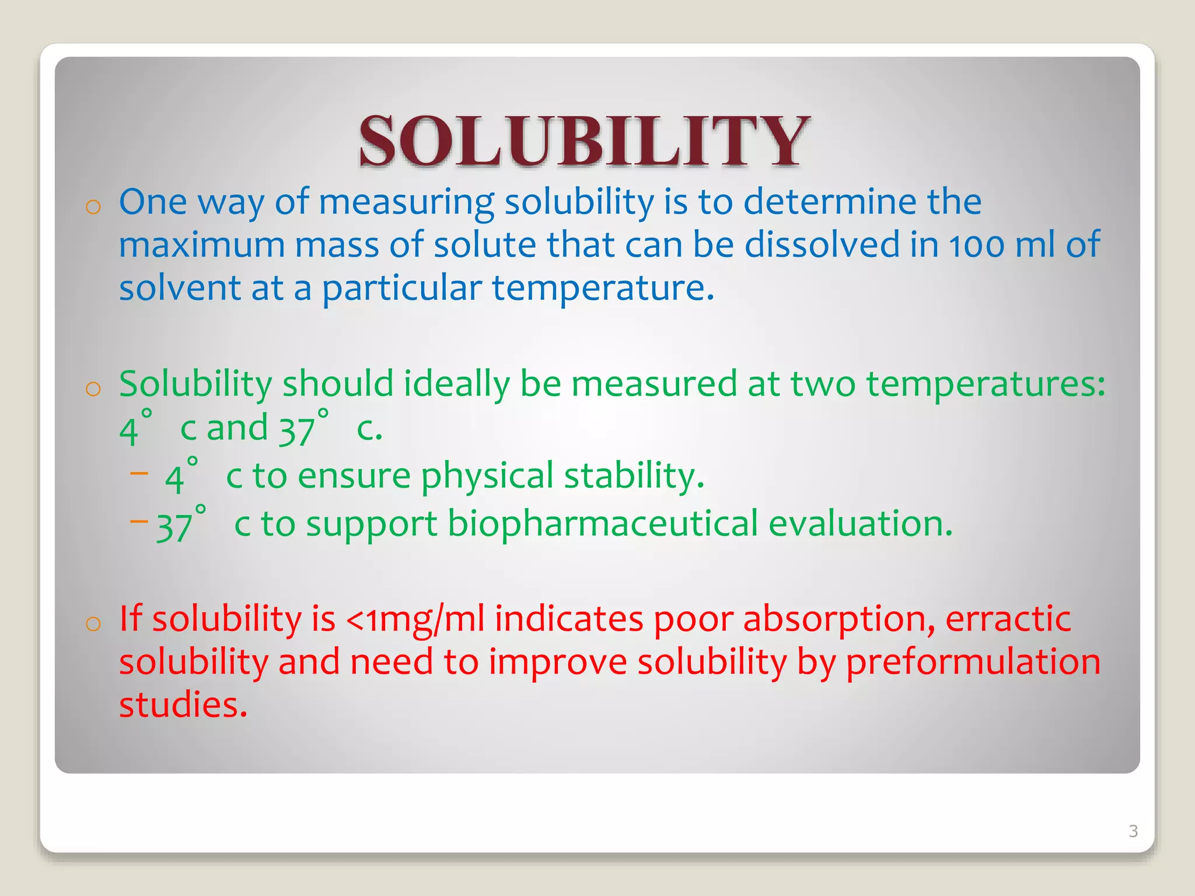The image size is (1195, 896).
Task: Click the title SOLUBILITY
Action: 584,141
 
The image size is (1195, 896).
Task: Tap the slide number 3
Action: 1133,831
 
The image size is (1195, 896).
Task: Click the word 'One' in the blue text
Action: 153,202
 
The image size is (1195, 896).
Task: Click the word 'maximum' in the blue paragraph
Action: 201,245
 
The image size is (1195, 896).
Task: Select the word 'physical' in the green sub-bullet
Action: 487,476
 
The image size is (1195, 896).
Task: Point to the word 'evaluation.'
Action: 860,524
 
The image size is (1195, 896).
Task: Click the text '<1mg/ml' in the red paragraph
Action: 415,619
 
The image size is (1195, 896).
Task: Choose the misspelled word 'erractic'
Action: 1008,619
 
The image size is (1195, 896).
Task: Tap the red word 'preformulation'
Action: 973,663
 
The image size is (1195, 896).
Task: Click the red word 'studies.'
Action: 183,705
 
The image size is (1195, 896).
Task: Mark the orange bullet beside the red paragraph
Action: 93,624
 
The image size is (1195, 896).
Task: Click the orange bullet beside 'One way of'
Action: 93,206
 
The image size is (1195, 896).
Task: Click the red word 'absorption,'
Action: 794,619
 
